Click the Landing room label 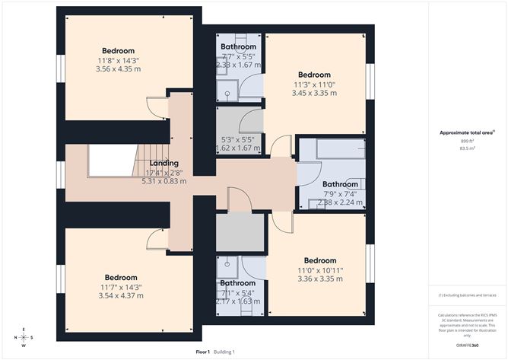(164, 163)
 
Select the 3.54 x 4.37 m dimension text (121, 296)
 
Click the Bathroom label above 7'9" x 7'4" (340, 184)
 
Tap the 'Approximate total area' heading (466, 132)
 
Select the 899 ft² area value (466, 142)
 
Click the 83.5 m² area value (466, 149)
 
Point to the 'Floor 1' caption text (202, 352)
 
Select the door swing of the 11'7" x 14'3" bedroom (157, 238)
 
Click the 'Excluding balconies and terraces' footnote (466, 295)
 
